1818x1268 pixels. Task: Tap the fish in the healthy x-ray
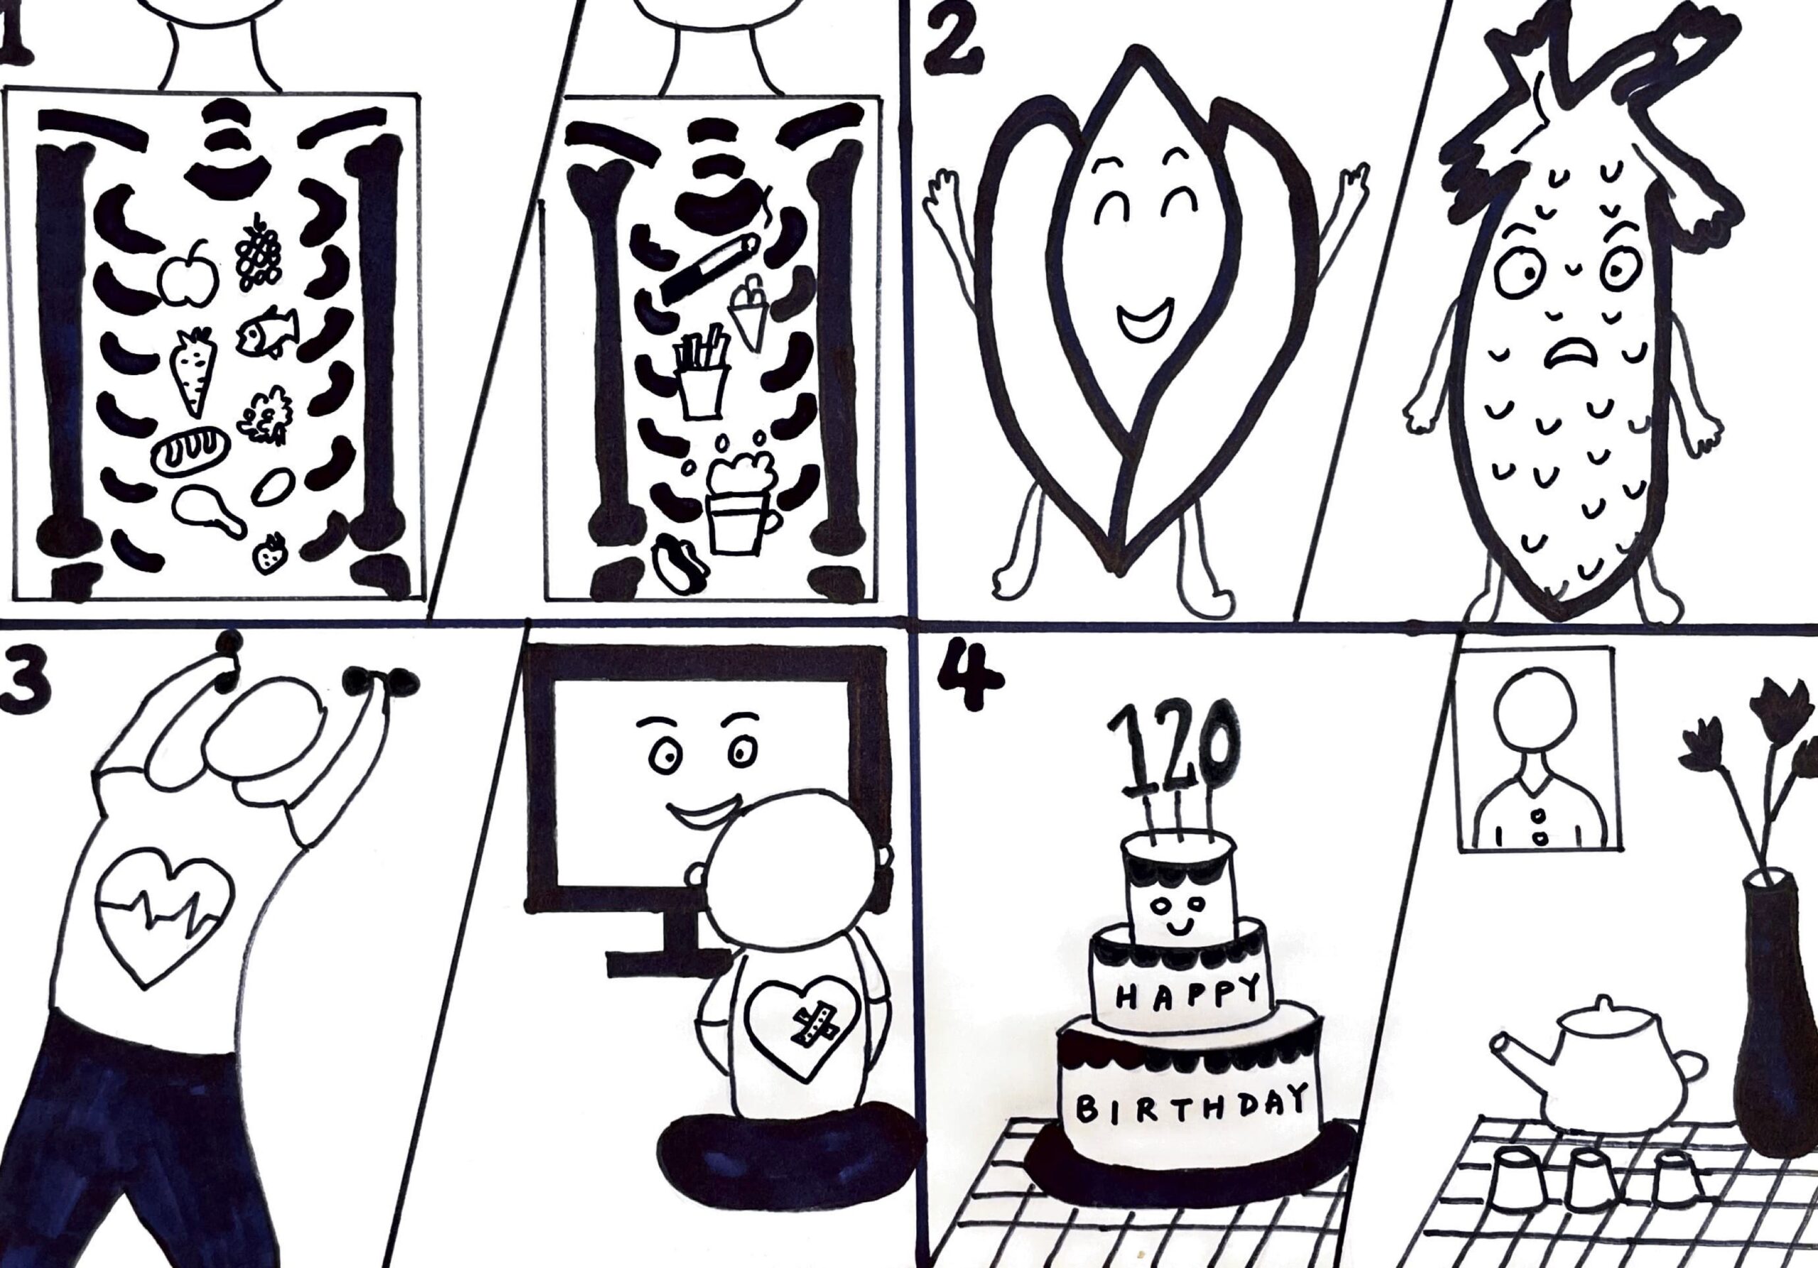pyautogui.click(x=267, y=332)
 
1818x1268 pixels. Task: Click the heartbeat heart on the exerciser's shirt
pyautogui.click(x=164, y=916)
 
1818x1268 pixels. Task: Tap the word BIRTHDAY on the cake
pyautogui.click(x=1191, y=1105)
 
